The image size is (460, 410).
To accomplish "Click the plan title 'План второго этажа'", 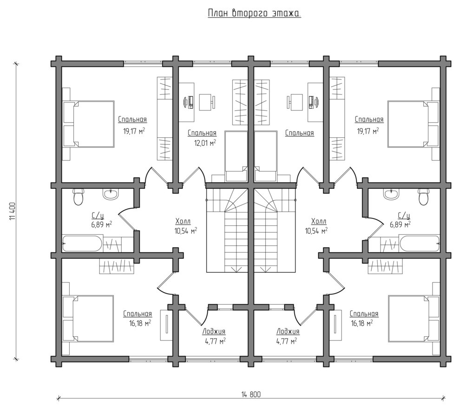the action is pyautogui.click(x=254, y=13).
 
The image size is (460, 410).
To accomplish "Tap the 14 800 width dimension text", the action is pyautogui.click(x=251, y=395).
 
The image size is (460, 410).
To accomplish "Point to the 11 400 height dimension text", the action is pyautogui.click(x=12, y=211).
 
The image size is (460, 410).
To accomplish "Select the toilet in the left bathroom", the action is pyautogui.click(x=79, y=197).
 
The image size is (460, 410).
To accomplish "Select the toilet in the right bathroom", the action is pyautogui.click(x=423, y=197).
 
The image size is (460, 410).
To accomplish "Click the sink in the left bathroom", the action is pyautogui.click(x=111, y=194).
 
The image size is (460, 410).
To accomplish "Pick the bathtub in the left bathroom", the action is pyautogui.click(x=82, y=243).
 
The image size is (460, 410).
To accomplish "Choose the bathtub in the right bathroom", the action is pyautogui.click(x=420, y=243).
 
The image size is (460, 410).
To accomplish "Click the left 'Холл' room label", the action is pyautogui.click(x=183, y=221).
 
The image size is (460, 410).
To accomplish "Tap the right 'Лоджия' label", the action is pyautogui.click(x=288, y=331).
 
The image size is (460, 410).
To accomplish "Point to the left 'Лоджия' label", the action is pyautogui.click(x=214, y=331).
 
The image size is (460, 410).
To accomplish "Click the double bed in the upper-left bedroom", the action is pyautogui.click(x=89, y=124).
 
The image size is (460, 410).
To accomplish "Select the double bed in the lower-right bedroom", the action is pyautogui.click(x=413, y=319).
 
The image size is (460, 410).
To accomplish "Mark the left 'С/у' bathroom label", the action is pyautogui.click(x=98, y=216).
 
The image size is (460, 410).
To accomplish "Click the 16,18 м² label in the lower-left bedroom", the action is pyautogui.click(x=140, y=323).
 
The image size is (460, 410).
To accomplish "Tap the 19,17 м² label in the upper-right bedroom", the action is pyautogui.click(x=368, y=131).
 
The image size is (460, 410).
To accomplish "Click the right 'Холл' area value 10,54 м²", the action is pyautogui.click(x=316, y=231).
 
